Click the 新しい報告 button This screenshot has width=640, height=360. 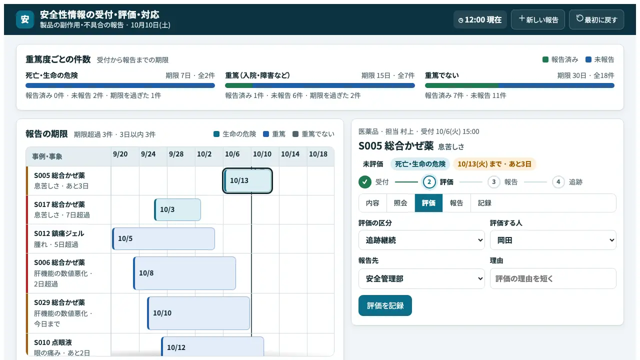537,19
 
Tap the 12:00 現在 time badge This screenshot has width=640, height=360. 480,19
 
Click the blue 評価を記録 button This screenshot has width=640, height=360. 385,305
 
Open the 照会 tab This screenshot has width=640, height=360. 400,203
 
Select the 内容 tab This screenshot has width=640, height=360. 372,203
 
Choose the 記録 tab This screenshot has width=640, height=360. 484,203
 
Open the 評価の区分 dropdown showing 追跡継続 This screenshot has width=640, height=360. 421,240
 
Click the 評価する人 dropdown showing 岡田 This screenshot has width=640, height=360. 553,240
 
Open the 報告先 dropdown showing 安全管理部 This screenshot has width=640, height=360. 421,278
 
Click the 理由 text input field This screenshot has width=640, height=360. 553,278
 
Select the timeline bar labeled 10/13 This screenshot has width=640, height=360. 247,180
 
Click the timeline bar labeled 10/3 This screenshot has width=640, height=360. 177,209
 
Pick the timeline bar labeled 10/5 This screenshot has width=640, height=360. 163,238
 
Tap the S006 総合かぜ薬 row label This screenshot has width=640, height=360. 59,262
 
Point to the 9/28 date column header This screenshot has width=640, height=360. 176,154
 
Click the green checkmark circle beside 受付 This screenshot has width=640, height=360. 365,182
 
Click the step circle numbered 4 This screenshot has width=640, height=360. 558,182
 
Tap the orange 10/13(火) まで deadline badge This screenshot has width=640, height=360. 494,164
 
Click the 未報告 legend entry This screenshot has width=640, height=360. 599,59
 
